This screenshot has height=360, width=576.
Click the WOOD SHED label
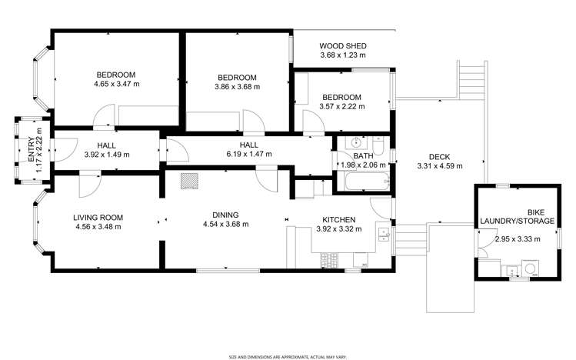tap(342, 45)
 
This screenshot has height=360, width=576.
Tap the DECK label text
tap(439, 157)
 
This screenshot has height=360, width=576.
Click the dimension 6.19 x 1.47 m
tap(248, 154)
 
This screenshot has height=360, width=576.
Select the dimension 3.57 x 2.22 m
tap(341, 106)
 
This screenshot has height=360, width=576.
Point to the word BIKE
tap(535, 212)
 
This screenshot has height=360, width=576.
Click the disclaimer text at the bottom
tap(288, 356)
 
